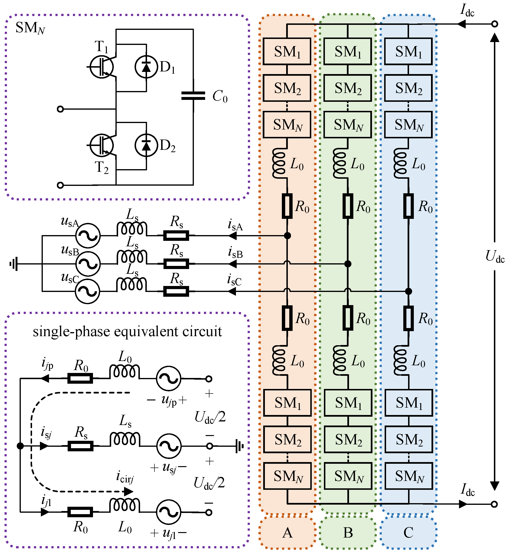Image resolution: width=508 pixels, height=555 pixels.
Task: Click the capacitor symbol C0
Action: coord(193,96)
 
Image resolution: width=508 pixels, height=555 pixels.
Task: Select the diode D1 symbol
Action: coord(146,67)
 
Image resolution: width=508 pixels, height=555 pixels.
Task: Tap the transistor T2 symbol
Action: coord(102,145)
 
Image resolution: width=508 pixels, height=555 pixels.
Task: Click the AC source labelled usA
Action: coord(88,236)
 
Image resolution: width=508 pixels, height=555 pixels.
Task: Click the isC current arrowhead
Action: coord(232,291)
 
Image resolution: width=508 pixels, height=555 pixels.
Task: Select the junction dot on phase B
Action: coord(348,264)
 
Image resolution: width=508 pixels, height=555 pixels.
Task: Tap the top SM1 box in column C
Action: coord(408,51)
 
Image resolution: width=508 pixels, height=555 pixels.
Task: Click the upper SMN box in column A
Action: coord(287,125)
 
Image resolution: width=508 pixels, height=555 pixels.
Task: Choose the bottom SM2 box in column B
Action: coord(348,439)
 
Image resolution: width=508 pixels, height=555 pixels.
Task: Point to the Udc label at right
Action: coord(495,256)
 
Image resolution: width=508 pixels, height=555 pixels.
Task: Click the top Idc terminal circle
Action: coord(495,24)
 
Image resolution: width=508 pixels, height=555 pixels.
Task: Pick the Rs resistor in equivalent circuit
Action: coord(80,446)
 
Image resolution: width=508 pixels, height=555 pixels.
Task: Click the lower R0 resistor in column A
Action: coord(287,318)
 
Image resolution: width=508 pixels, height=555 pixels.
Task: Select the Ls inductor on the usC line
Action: coord(132,285)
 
